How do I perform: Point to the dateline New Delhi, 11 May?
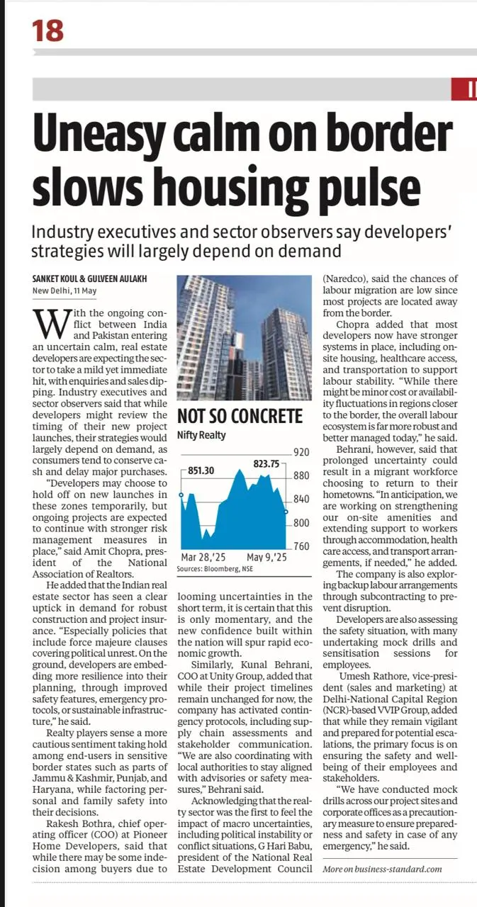tap(64, 291)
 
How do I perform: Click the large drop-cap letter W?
tap(47, 323)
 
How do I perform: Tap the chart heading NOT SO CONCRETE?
tap(240, 416)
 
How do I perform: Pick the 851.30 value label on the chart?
tap(201, 469)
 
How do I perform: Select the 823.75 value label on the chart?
tap(266, 463)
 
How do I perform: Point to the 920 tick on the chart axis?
tap(301, 451)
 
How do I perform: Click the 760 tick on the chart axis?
tap(301, 546)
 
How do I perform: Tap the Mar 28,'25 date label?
tap(203, 558)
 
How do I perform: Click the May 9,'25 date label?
tap(266, 558)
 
